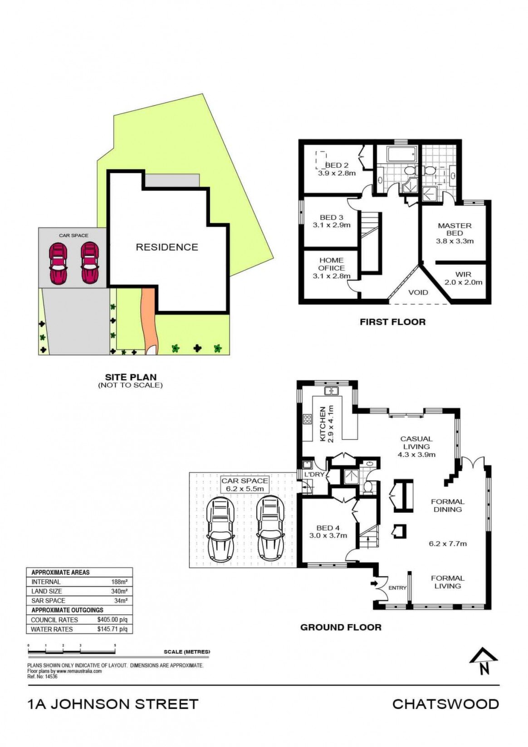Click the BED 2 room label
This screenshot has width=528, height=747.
pyautogui.click(x=337, y=165)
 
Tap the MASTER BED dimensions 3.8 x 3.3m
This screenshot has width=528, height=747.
pyautogui.click(x=455, y=241)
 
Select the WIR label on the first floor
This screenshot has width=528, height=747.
pyautogui.click(x=463, y=274)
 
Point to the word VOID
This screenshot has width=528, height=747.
pyautogui.click(x=418, y=292)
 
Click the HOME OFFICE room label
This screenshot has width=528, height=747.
pyautogui.click(x=332, y=264)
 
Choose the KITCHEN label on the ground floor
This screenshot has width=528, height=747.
pyautogui.click(x=323, y=424)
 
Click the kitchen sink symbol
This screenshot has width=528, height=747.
pyautogui.click(x=332, y=391)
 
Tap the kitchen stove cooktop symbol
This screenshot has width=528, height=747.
pyautogui.click(x=308, y=419)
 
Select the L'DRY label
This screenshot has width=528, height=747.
pyautogui.click(x=314, y=474)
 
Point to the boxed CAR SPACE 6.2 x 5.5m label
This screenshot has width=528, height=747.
pyautogui.click(x=245, y=485)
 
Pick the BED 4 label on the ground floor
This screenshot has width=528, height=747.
pyautogui.click(x=328, y=528)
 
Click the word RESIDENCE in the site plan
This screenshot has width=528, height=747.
pyautogui.click(x=167, y=247)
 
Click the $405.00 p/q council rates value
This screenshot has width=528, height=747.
pyautogui.click(x=112, y=620)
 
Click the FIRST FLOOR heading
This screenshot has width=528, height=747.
pyautogui.click(x=392, y=322)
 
